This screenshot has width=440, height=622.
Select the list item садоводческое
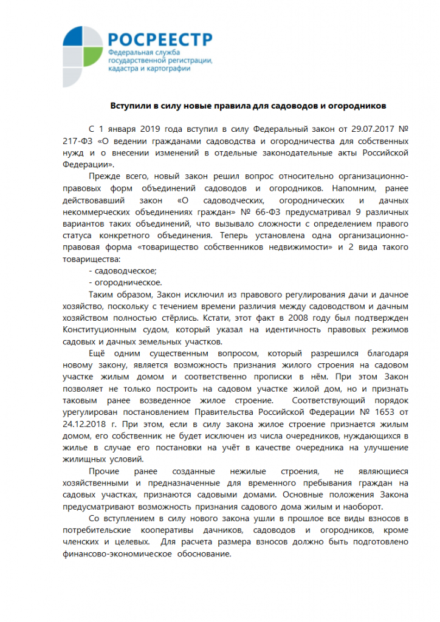(123, 270)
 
